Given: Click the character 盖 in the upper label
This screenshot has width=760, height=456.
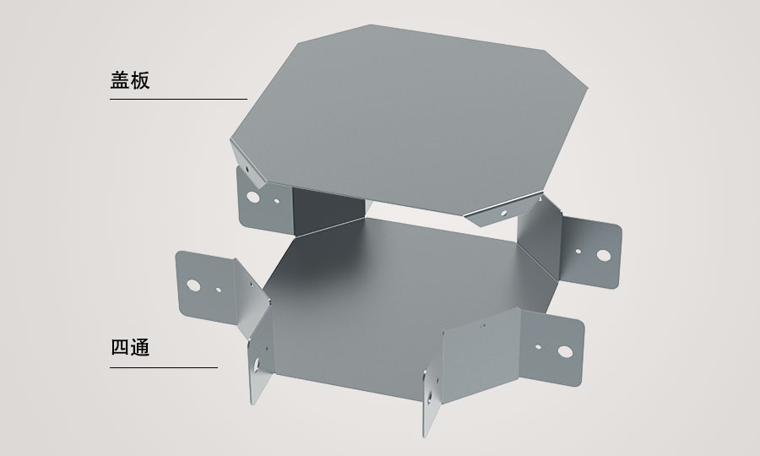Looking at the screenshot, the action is [120, 80].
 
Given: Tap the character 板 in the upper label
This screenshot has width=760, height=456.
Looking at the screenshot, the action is [140, 80].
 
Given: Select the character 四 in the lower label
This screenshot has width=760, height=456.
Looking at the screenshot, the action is [120, 348].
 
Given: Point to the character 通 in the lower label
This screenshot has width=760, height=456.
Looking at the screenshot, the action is [140, 348].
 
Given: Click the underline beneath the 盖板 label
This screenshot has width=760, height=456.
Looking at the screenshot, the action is [178, 100].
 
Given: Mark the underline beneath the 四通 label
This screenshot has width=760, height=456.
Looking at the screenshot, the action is [164, 368].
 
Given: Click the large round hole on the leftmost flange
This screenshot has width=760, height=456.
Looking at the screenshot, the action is [193, 285].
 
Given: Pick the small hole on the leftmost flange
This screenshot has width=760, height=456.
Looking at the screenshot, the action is [219, 290].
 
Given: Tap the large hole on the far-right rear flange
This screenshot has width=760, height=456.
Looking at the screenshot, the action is [604, 255].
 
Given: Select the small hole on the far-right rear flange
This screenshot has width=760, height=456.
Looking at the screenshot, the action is [578, 252].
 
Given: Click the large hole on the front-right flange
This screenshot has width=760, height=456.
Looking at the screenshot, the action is [565, 352].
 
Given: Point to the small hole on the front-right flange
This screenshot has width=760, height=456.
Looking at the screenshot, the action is [538, 347].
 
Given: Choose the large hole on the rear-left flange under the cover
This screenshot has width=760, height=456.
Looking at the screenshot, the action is [253, 197].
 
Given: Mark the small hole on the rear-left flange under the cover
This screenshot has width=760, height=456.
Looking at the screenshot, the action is [277, 201].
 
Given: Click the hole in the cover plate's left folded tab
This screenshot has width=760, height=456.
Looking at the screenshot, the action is [247, 170].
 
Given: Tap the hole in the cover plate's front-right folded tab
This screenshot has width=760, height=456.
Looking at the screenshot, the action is [503, 213].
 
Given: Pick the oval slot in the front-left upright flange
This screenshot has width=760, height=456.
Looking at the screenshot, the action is [257, 365].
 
